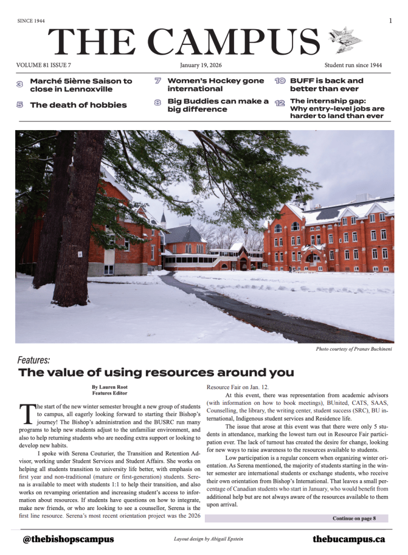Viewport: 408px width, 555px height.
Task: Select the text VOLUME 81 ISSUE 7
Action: click(x=44, y=65)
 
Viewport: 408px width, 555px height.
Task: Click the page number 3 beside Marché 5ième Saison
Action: click(x=20, y=84)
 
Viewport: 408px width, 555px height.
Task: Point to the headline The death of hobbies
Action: click(x=78, y=105)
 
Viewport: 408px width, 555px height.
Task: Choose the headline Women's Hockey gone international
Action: click(x=215, y=85)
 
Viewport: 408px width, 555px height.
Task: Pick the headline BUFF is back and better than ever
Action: click(x=326, y=85)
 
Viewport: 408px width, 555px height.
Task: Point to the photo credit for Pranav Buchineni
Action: click(x=354, y=349)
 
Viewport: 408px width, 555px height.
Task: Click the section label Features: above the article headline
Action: click(x=34, y=360)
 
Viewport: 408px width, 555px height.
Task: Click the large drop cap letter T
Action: click(x=27, y=414)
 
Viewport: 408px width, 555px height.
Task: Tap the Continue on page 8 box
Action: click(x=353, y=518)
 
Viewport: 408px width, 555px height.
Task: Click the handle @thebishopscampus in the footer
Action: click(x=68, y=539)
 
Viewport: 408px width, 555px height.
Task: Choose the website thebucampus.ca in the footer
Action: click(x=348, y=539)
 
